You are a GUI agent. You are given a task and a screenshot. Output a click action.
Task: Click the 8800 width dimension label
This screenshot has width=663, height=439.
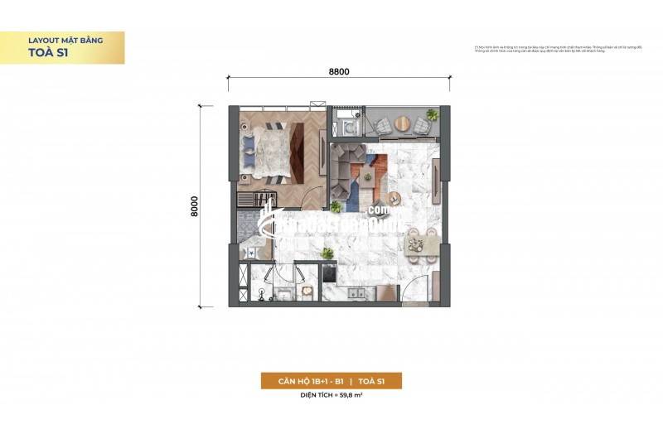(339, 71)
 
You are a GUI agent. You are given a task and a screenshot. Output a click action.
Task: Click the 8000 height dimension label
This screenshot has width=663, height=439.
(194, 206)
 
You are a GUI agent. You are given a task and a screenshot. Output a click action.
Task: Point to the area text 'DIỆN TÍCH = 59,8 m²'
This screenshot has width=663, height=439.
(331, 396)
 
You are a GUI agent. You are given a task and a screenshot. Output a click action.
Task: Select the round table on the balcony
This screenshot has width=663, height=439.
(402, 125)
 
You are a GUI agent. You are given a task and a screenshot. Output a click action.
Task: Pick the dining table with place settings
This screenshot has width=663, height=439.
(422, 239)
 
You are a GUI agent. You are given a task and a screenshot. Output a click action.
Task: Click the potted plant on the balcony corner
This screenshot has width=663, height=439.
(431, 114)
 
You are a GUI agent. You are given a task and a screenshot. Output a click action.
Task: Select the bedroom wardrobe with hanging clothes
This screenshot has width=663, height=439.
(256, 201)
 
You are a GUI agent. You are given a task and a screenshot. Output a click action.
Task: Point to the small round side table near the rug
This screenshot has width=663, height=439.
(393, 198)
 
